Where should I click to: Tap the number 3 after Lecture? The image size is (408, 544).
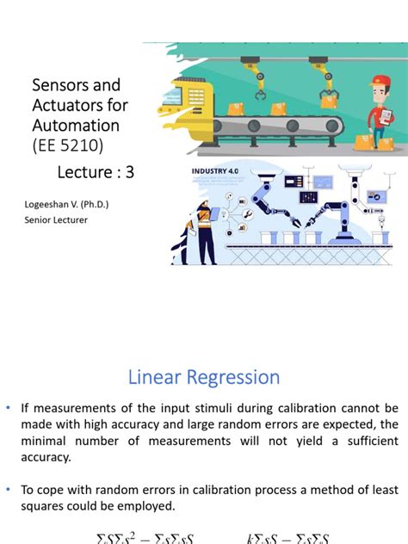click(x=130, y=172)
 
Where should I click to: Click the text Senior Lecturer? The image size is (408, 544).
click(x=56, y=219)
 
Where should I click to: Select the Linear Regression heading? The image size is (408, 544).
click(x=204, y=377)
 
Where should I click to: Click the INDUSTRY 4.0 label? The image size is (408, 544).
click(x=215, y=172)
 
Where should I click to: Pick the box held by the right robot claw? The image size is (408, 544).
click(x=328, y=102)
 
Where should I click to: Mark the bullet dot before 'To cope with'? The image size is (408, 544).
click(x=9, y=490)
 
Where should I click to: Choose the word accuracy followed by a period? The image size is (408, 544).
click(x=47, y=458)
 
